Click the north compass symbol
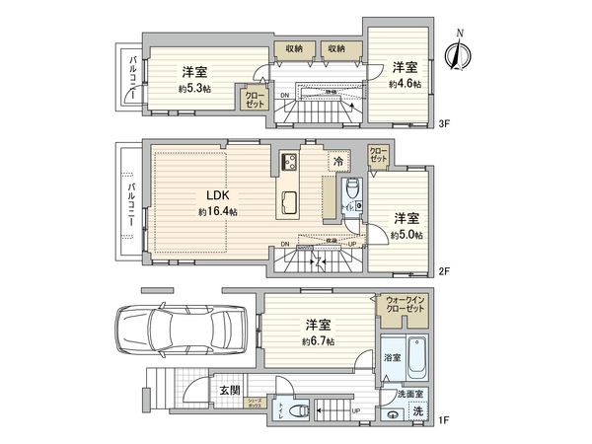coord(457,52)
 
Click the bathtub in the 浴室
coord(415,358)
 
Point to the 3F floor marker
coord(444,124)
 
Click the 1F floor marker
coord(444,422)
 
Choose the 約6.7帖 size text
coord(318,340)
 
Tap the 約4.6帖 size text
coord(405,85)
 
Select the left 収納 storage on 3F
coord(294,48)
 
